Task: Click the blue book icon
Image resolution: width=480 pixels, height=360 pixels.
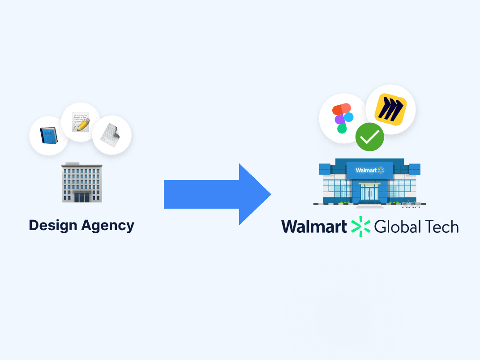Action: tap(48, 135)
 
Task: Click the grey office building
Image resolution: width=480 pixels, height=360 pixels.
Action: tap(81, 182)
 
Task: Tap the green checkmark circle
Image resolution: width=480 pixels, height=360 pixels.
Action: tap(370, 137)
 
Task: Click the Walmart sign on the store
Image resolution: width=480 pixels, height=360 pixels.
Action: tap(370, 170)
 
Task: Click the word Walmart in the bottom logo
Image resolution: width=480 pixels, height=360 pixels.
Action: tap(314, 227)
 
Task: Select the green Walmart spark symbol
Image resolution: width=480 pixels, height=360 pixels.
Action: tap(360, 226)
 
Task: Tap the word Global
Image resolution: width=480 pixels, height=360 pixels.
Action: tap(398, 227)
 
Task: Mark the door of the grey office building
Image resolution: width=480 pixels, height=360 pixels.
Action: tap(81, 197)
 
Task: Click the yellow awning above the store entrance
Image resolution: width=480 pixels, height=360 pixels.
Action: tap(369, 184)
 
